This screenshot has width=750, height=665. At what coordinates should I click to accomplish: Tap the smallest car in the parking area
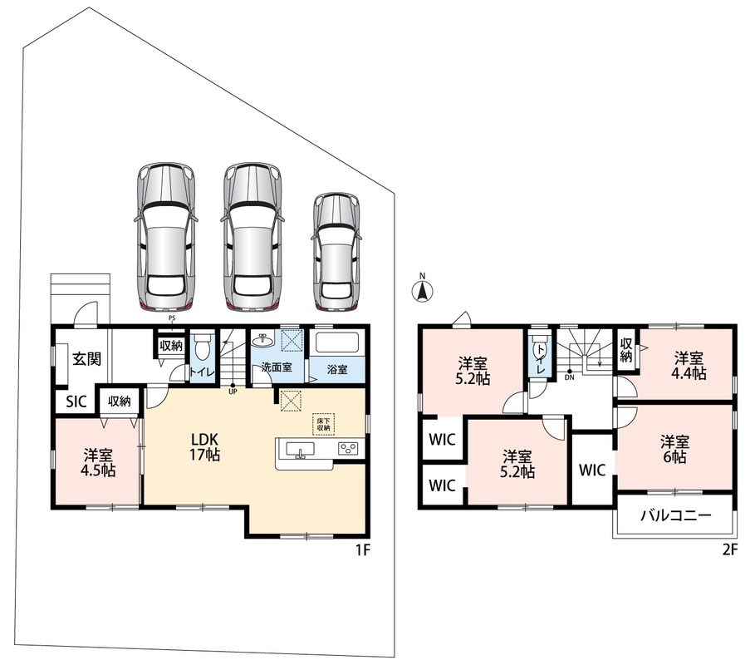point(336,252)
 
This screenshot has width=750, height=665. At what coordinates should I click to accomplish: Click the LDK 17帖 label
point(205,446)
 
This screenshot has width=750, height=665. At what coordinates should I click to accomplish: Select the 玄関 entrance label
point(86,358)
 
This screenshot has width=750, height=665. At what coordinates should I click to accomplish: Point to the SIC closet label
point(76,401)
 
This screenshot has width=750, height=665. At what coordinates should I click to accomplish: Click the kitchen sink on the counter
point(301,450)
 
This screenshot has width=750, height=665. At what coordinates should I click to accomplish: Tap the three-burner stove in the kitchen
point(348,449)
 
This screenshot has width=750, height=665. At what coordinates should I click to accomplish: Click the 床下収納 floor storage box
point(324,424)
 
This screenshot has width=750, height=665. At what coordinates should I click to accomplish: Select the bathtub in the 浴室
point(337,343)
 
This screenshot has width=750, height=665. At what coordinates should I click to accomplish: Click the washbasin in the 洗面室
point(262,341)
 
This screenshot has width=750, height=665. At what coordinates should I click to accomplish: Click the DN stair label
point(569,377)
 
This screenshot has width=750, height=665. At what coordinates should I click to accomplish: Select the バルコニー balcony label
point(676,515)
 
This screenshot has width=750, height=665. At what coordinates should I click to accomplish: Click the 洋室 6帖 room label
point(675,449)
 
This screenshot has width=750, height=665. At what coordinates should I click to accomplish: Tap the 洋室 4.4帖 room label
point(689,365)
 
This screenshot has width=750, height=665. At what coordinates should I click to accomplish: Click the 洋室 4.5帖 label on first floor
point(98,462)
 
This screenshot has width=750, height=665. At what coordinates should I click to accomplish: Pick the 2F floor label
point(730,549)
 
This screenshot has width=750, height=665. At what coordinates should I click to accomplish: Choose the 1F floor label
point(363,549)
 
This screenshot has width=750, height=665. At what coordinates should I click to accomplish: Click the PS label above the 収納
point(172,318)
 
